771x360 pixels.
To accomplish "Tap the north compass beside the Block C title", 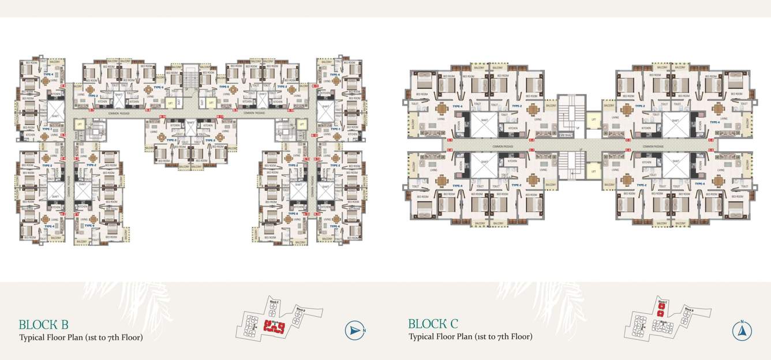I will pyautogui.click(x=742, y=331).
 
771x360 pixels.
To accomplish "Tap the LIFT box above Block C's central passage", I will pyautogui.click(x=593, y=121).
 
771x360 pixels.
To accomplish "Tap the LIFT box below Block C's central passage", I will pyautogui.click(x=593, y=170).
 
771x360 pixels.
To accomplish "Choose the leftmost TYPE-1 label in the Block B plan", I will pyautogui.click(x=46, y=129).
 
